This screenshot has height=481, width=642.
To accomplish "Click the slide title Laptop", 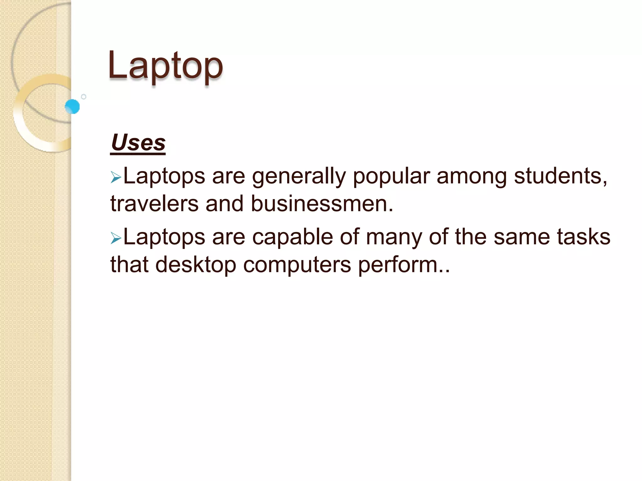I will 165,66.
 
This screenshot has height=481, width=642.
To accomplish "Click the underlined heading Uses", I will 138,143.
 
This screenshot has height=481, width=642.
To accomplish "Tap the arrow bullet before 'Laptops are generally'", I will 116,178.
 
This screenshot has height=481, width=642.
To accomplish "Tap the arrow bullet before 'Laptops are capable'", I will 116,239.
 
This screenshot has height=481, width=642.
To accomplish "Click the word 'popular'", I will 391,177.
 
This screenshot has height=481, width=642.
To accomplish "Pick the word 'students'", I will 559,176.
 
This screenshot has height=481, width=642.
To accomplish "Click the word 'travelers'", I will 155,204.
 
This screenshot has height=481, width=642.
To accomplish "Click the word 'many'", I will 394,238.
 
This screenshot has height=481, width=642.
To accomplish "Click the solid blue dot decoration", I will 72,106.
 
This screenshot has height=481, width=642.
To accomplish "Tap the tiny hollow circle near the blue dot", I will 84,97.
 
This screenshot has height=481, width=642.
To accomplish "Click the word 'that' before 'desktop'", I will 129,265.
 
